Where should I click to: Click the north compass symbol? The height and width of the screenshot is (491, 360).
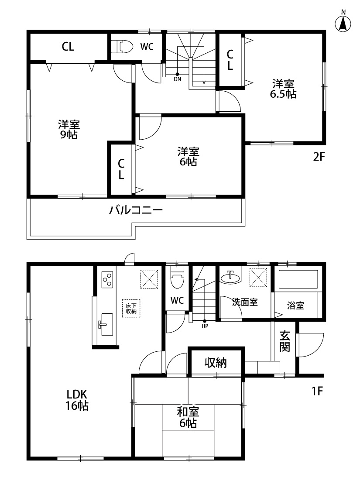(343, 22)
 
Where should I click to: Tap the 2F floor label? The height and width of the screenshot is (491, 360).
(319, 157)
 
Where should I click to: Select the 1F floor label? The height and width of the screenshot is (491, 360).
(317, 391)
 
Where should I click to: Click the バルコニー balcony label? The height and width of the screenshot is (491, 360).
(136, 210)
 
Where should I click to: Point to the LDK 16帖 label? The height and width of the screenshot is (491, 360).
(77, 400)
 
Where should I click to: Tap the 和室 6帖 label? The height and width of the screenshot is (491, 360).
(188, 417)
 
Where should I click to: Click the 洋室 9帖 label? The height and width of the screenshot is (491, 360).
(69, 130)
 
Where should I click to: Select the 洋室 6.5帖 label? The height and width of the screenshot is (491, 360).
(283, 89)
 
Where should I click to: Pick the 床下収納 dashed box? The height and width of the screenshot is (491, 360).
(131, 309)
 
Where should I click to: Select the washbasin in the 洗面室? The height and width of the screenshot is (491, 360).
(231, 277)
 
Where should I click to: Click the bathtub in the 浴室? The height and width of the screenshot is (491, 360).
(298, 279)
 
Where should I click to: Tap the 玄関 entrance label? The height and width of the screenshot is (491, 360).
(285, 341)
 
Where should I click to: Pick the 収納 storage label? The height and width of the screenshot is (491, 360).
(216, 363)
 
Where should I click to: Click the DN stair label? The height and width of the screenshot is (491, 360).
(178, 79)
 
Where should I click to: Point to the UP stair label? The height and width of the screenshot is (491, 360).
(205, 326)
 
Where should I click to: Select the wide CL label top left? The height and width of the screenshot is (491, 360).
(68, 47)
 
